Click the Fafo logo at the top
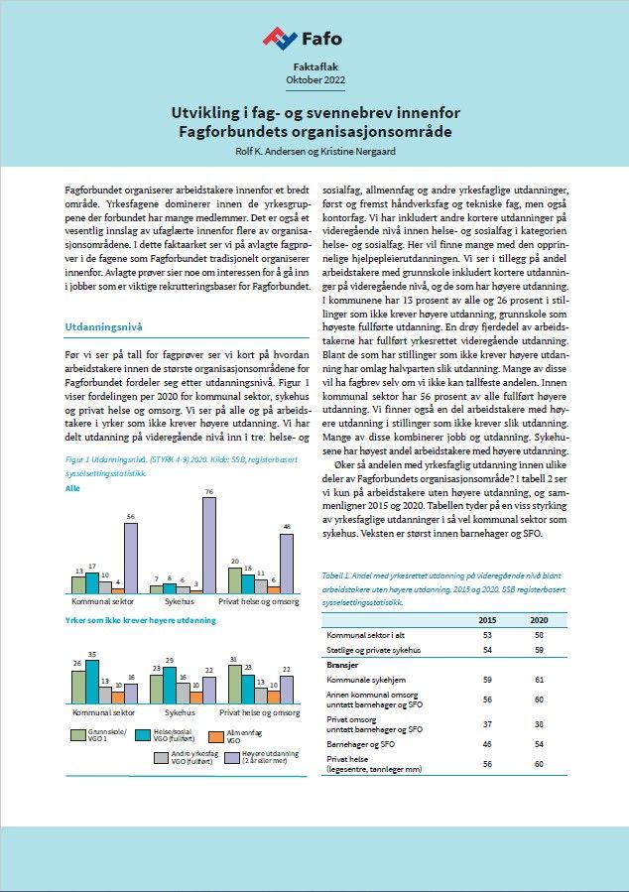pos(303,39)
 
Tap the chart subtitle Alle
pos(71,489)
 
